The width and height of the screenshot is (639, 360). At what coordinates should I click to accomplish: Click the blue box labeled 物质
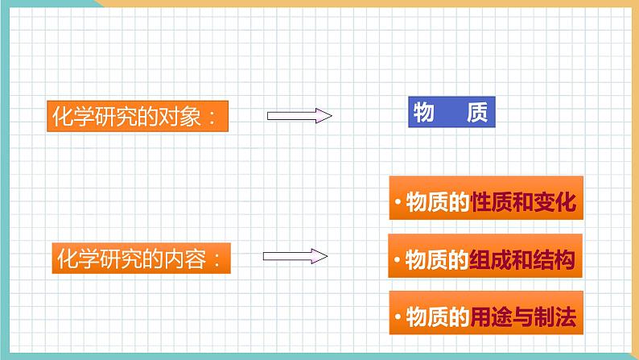click(x=451, y=112)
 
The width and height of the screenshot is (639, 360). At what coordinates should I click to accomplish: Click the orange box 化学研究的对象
click(x=138, y=116)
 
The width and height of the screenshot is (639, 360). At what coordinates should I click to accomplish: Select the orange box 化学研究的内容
click(x=141, y=258)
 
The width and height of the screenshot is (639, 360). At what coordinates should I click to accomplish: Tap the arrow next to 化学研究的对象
click(x=299, y=116)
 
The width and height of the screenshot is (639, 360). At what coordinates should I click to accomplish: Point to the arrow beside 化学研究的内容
click(x=295, y=256)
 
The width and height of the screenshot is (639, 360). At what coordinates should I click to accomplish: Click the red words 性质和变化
click(x=523, y=201)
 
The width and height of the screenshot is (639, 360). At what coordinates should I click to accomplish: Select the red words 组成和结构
click(x=522, y=259)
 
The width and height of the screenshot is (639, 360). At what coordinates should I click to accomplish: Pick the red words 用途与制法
click(x=523, y=317)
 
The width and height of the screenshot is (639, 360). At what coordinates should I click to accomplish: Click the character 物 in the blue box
click(x=424, y=112)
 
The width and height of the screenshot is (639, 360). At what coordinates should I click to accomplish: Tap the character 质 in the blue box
click(x=477, y=112)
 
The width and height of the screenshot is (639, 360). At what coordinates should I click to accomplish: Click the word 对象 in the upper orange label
click(x=179, y=117)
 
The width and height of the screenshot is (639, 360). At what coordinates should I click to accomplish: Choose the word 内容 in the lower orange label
click(x=184, y=259)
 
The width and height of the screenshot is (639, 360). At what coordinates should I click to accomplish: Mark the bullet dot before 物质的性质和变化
click(x=398, y=201)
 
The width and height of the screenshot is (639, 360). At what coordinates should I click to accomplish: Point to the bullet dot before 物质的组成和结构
click(x=397, y=259)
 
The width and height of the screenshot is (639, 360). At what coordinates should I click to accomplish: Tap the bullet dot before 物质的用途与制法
click(x=398, y=317)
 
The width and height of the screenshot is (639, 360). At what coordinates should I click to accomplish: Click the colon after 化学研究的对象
click(x=212, y=118)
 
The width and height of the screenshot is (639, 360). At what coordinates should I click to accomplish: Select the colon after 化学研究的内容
click(x=216, y=259)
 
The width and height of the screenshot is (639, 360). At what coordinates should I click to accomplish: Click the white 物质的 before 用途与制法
click(x=438, y=317)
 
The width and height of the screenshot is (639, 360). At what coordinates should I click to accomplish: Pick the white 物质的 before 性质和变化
click(x=438, y=201)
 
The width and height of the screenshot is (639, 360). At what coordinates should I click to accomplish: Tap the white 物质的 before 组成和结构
click(x=437, y=259)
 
